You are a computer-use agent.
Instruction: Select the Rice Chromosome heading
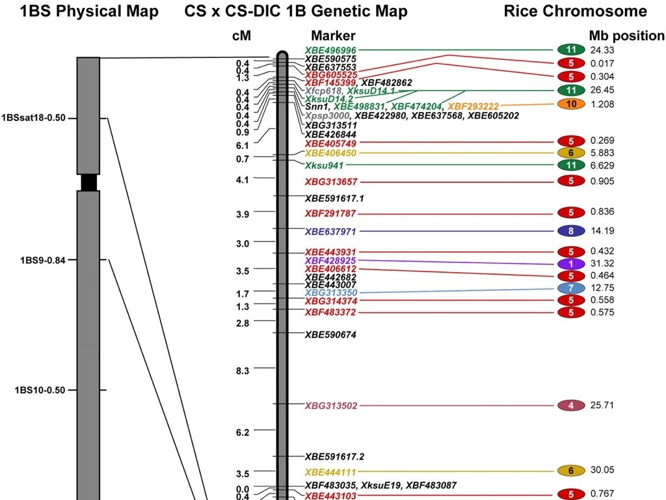point(575,11)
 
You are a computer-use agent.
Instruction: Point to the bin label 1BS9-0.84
point(44,260)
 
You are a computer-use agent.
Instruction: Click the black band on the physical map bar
point(88,182)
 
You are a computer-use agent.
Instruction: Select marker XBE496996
point(330,50)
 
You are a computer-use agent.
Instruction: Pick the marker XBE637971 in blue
point(330,231)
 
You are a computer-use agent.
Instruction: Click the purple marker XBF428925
point(330,260)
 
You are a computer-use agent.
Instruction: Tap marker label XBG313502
point(330,406)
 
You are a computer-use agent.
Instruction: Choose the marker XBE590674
point(330,334)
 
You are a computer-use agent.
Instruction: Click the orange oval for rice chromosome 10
point(571,104)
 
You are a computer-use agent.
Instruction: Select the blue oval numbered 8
point(571,231)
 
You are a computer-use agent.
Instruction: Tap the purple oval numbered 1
point(571,264)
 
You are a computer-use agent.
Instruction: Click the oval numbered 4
point(571,406)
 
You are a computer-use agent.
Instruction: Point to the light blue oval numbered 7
point(571,288)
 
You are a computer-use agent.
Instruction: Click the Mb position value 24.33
point(602,50)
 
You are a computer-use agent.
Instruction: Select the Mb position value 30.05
point(602,470)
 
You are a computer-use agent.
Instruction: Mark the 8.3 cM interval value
point(242,370)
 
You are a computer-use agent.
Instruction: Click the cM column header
point(241,36)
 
